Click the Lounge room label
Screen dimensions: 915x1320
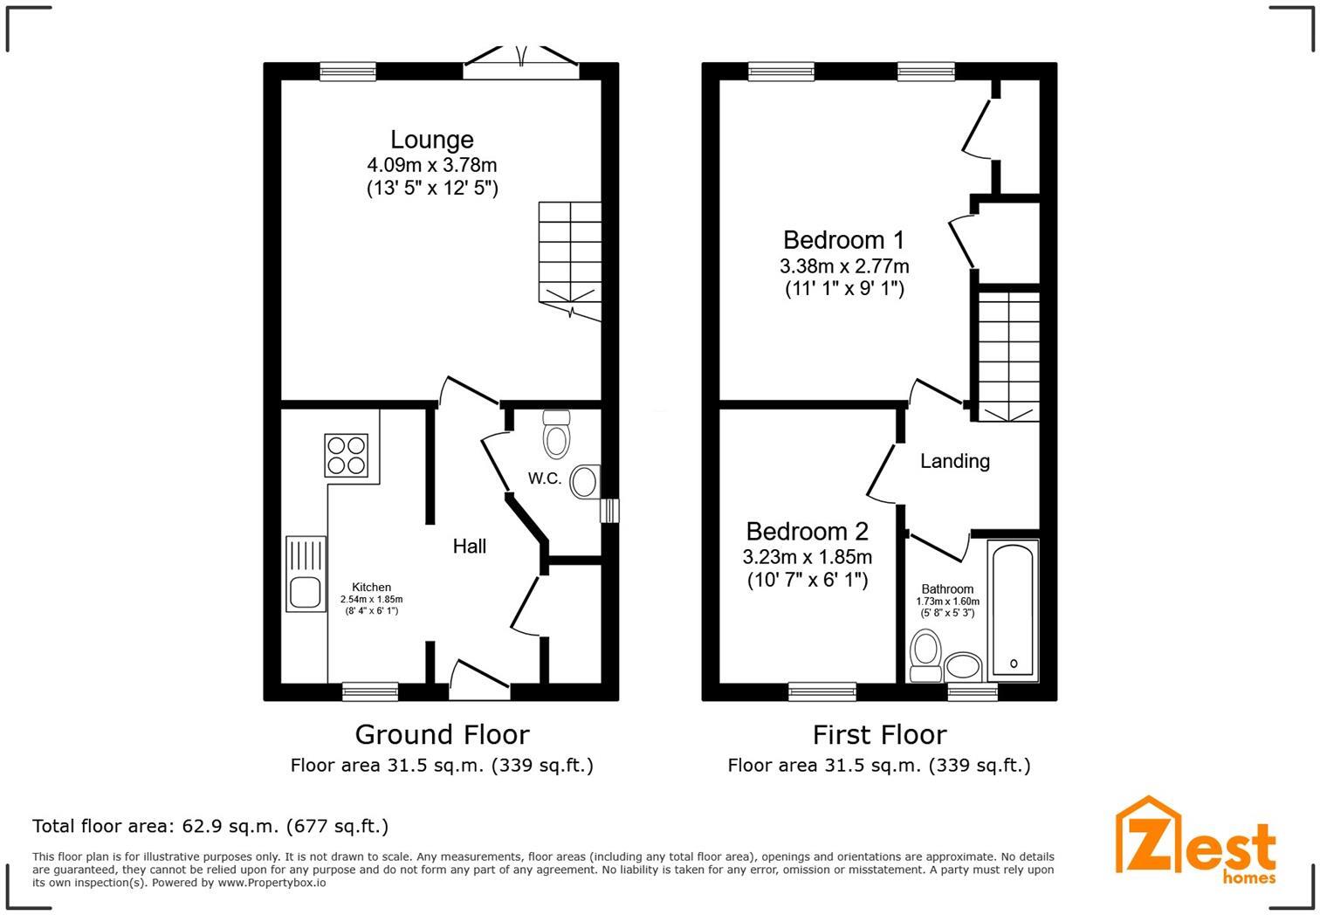431,140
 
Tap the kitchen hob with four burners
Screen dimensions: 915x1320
346,455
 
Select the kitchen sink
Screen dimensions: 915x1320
306,573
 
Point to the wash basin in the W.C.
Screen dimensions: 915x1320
584,481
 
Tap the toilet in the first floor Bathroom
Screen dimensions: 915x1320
925,656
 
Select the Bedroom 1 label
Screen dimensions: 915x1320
843,239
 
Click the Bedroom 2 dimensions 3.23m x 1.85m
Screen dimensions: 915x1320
807,557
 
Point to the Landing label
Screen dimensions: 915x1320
955,461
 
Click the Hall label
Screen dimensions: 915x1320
470,547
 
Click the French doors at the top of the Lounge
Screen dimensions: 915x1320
521,62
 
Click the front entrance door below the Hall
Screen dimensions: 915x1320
479,682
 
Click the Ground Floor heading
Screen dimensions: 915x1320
442,734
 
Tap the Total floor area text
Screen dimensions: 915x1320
210,826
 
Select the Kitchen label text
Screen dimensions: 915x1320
371,587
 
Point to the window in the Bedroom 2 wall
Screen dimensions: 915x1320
822,691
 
